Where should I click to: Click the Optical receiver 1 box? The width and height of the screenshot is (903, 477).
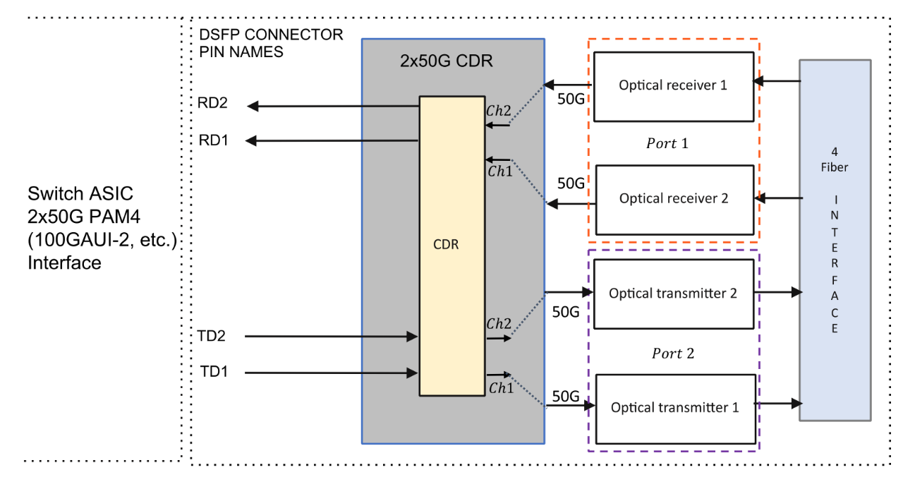pos(673,85)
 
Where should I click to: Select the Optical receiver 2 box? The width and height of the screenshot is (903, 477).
pos(674,199)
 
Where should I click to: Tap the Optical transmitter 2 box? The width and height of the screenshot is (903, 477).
pos(673,294)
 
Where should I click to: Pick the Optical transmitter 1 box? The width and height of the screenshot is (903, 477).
pos(675,408)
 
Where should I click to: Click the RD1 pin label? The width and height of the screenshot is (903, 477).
pos(212,140)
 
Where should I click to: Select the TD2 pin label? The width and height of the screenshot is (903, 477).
pos(212,337)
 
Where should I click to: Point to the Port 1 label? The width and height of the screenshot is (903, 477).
pos(667,143)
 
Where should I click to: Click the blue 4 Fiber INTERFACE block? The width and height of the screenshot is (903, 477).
pos(835,240)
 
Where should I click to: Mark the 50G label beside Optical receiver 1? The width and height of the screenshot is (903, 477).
pos(570,97)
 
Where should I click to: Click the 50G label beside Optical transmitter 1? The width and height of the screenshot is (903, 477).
pos(566,396)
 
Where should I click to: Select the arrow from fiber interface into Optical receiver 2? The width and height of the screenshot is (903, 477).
pos(782,198)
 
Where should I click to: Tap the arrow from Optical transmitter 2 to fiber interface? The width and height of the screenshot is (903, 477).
pos(779,291)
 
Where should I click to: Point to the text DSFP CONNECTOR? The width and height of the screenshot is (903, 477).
pos(271,35)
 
